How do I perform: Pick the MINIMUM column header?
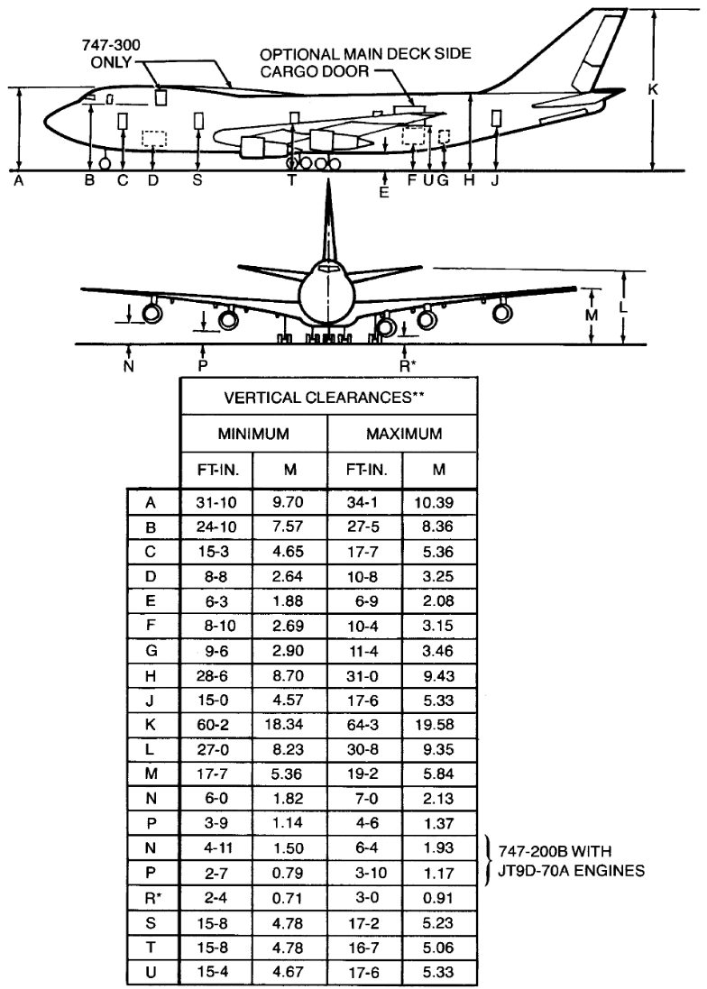[253, 435]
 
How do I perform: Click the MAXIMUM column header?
[402, 435]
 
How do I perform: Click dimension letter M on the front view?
[592, 315]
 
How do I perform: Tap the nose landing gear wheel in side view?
[105, 163]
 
